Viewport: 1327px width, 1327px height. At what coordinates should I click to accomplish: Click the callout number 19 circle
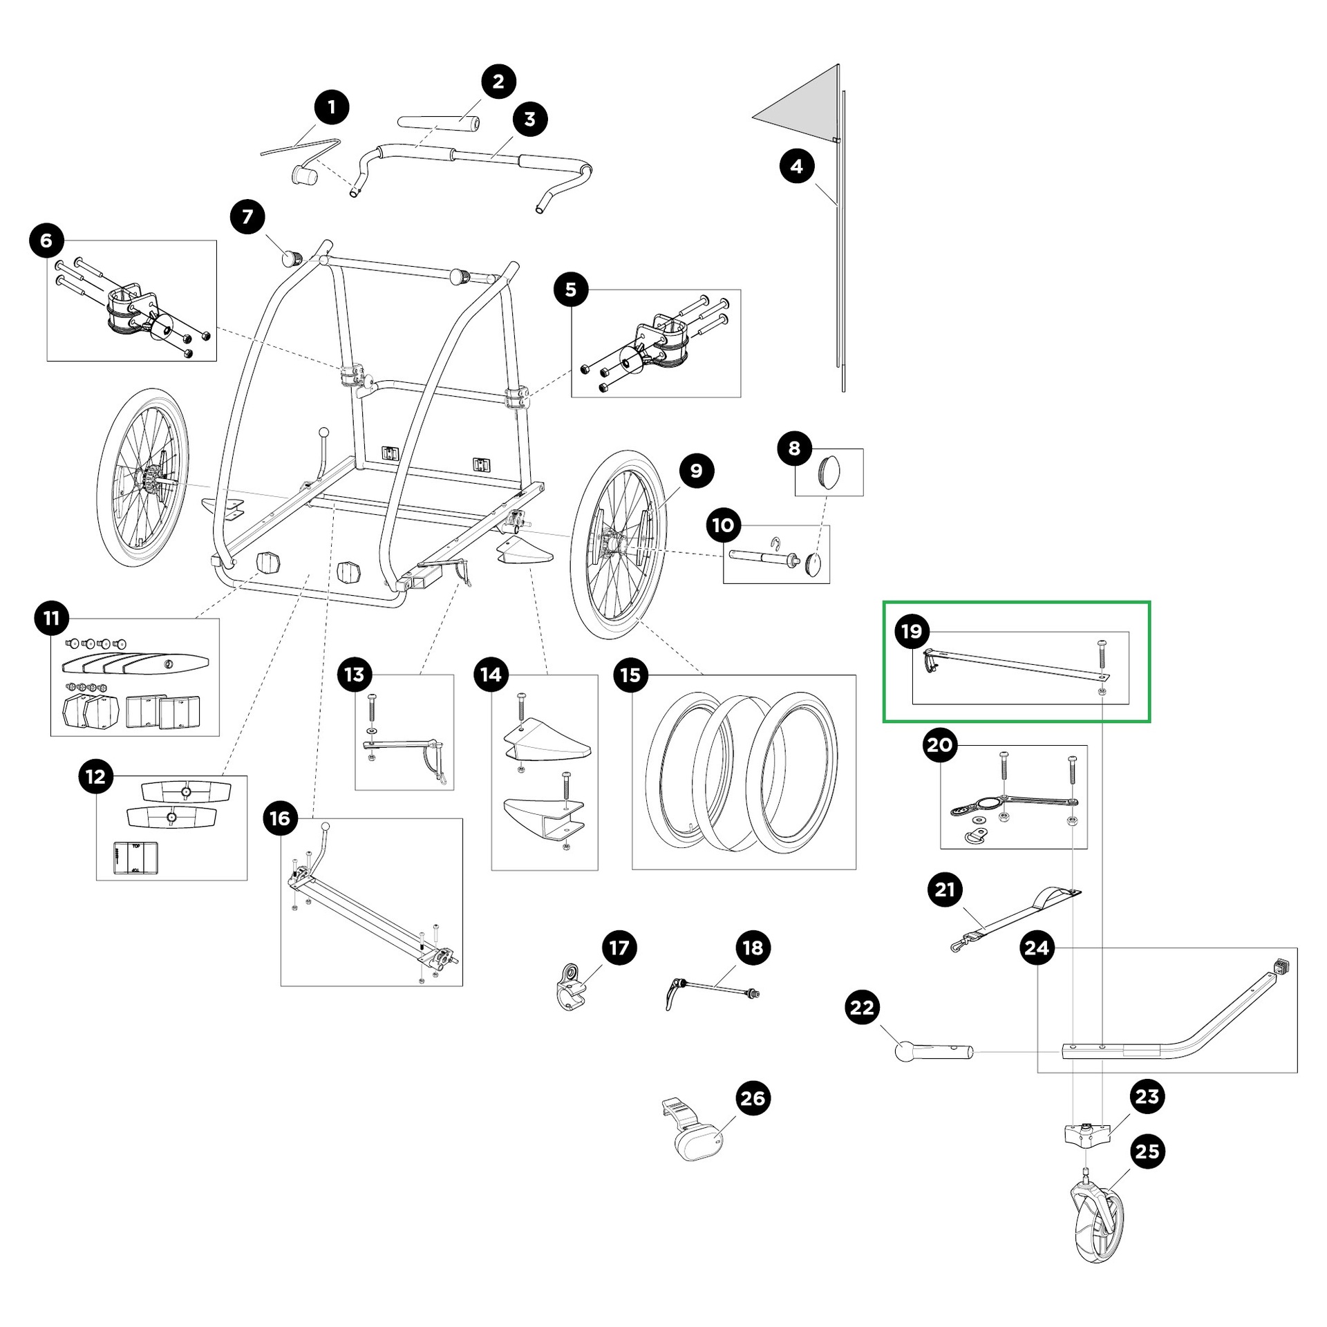click(912, 631)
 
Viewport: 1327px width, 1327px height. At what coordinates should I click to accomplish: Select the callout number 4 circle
click(797, 167)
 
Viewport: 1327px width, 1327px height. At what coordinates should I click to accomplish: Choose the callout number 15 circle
click(630, 675)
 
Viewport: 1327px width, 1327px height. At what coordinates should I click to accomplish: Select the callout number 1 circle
click(332, 107)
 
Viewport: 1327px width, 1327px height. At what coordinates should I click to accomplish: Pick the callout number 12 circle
click(95, 776)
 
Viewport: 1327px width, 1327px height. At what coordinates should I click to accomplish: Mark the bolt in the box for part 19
click(1102, 654)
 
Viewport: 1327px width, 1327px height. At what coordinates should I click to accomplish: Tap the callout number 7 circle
click(247, 217)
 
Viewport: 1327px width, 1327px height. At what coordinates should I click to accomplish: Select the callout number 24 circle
click(1037, 948)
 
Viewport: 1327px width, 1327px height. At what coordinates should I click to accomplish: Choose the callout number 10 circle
click(723, 525)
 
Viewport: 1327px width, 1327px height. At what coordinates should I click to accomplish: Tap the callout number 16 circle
click(280, 819)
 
